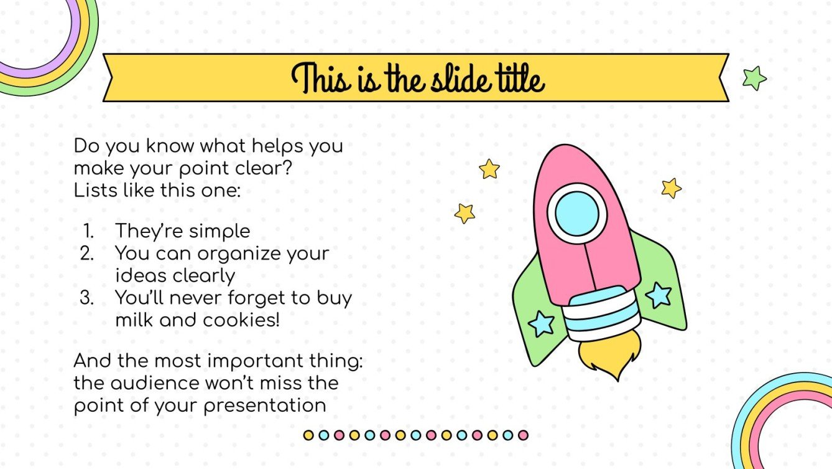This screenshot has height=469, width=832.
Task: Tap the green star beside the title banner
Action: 754,78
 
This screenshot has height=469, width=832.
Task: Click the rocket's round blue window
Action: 577,212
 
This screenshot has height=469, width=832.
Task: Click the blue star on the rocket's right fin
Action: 658,295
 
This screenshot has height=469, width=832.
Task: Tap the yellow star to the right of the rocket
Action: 671,187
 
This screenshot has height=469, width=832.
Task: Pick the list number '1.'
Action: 88,231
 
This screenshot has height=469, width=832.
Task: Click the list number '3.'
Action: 87,298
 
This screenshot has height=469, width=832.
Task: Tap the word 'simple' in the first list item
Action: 219,232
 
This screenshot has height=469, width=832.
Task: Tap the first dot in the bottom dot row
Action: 308,435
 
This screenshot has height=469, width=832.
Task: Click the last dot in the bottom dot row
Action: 523,435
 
